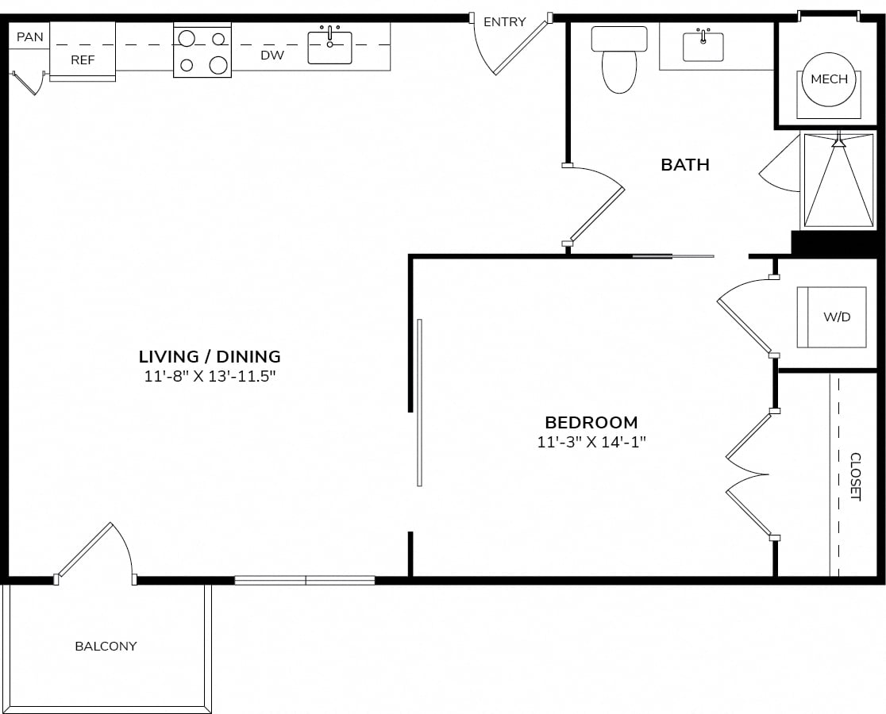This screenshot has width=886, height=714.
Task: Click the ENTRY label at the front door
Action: (x=505, y=22)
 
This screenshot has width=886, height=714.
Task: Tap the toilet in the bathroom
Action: (x=619, y=59)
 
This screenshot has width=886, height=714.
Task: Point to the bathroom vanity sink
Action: (x=703, y=45)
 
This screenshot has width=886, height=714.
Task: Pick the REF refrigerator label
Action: (x=83, y=59)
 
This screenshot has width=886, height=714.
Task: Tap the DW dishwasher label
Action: (x=272, y=56)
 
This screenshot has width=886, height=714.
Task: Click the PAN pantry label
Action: (x=30, y=37)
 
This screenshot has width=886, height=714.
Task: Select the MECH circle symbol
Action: (x=829, y=79)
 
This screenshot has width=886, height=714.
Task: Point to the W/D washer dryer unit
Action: (x=832, y=317)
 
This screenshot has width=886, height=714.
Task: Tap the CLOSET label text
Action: (x=856, y=476)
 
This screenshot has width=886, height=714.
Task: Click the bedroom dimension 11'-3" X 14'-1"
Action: (x=591, y=442)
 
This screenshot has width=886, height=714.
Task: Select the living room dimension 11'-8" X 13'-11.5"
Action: (x=210, y=377)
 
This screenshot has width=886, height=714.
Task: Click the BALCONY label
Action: (x=106, y=647)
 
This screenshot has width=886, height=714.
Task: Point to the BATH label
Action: (x=685, y=165)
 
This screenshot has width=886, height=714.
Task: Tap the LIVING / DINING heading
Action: (x=210, y=357)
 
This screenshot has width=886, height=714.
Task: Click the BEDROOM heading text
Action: (x=591, y=422)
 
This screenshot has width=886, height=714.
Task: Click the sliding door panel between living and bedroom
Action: (x=419, y=402)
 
